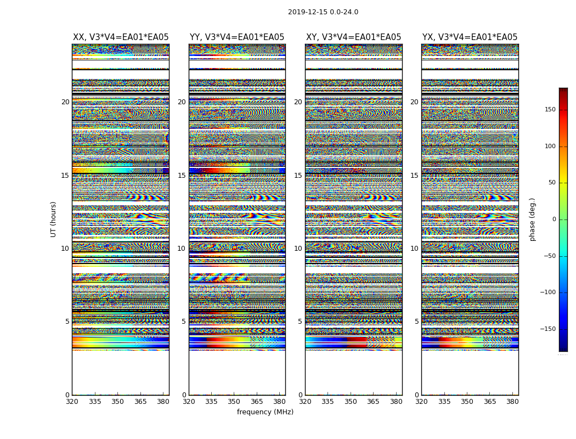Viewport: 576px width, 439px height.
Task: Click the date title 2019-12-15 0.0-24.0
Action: tap(323, 12)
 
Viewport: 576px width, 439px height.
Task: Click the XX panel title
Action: tap(121, 37)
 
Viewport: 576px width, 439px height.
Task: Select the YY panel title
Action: tap(237, 37)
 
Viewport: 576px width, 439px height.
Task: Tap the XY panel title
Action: tap(353, 37)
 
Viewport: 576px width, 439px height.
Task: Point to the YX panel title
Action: tap(470, 37)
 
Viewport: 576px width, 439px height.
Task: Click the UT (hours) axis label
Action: tap(54, 219)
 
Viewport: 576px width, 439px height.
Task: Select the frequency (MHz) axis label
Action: tap(265, 412)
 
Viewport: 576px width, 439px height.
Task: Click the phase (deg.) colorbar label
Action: tap(532, 219)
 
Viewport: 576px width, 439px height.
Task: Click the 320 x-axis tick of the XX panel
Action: tap(72, 402)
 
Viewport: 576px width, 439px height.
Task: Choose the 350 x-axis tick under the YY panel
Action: tap(234, 402)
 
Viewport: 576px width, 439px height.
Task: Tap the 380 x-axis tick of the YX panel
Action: tap(512, 402)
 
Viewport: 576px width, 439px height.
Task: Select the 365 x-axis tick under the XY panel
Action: tap(373, 402)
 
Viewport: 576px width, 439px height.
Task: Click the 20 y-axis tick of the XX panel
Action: tap(65, 102)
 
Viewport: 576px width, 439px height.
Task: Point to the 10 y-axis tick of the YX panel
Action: tap(415, 249)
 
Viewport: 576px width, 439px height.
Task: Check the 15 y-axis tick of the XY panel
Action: tap(298, 176)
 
